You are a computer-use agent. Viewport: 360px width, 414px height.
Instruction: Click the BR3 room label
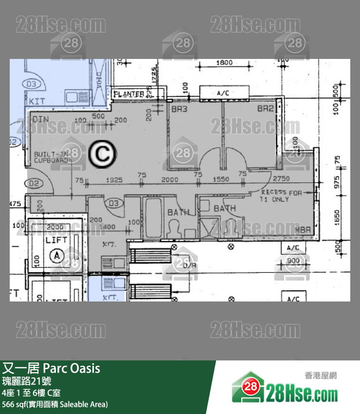coord(179,110)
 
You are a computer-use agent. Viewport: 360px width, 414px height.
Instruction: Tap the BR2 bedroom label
coord(266,109)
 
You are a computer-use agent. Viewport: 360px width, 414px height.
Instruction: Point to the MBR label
coord(304,229)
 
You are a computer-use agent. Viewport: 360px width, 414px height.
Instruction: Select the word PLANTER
coord(129,94)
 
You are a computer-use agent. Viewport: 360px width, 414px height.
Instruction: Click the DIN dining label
coord(39,119)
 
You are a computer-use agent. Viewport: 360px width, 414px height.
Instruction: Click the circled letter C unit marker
coord(102,154)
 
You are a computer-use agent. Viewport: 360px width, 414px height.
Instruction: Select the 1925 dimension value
coord(113,180)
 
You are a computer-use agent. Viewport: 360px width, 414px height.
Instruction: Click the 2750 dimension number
coord(281,179)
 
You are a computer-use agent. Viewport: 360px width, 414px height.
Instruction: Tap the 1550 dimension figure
coord(220,180)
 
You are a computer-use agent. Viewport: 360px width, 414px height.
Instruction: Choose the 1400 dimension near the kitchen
coord(110,226)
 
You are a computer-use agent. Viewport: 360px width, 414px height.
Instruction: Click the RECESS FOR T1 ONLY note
coord(281,196)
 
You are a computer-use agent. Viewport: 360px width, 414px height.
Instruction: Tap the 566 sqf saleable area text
coord(54,404)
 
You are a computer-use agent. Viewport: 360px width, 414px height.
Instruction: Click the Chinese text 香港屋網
coord(321,376)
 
